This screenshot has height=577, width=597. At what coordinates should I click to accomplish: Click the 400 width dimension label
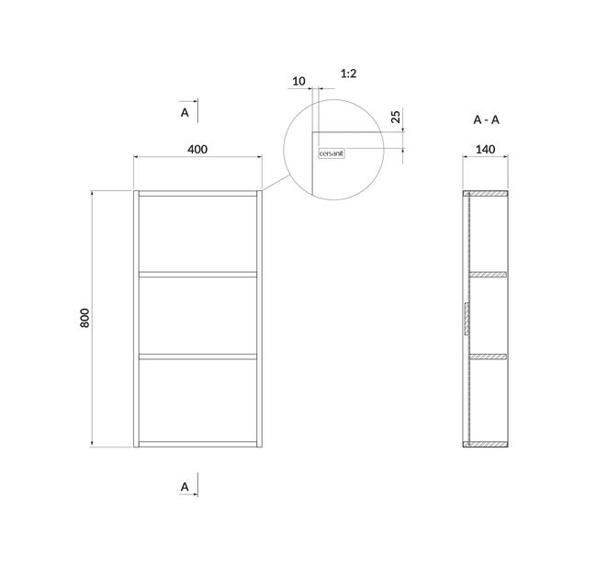pos(197,149)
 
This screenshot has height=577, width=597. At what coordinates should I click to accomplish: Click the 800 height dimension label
pos(84,318)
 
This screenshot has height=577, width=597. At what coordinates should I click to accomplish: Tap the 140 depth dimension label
pos(485,149)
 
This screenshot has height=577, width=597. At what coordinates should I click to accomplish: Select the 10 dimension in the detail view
pos(298,81)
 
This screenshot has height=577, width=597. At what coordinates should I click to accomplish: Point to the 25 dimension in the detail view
pos(396,117)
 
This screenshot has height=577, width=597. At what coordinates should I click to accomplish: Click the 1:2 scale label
pos(348,74)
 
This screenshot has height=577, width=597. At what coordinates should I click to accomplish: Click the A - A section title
pos(486,120)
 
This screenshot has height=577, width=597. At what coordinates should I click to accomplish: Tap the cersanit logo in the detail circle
pos(332,153)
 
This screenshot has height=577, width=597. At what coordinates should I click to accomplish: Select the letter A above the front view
pos(185,113)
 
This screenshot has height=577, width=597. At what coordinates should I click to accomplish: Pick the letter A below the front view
pos(185,487)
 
